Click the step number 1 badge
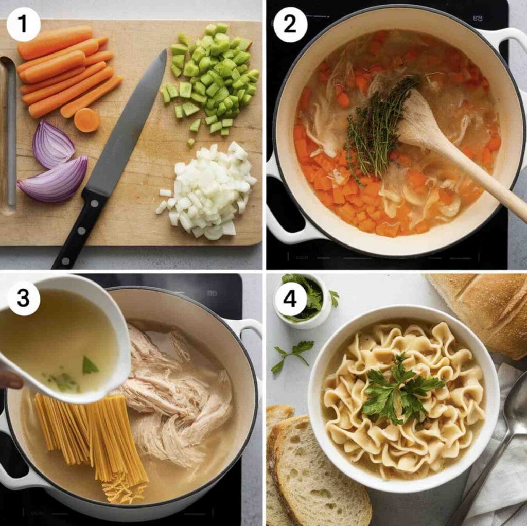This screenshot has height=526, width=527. [x=23, y=25]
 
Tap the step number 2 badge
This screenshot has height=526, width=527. [x=290, y=25]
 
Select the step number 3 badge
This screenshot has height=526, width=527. [x=23, y=298]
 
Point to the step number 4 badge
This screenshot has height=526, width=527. [x=290, y=298]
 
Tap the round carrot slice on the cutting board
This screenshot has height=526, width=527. [x=87, y=120]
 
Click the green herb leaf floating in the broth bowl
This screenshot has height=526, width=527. [x=90, y=366]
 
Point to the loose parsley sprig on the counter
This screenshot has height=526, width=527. [x=291, y=356]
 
